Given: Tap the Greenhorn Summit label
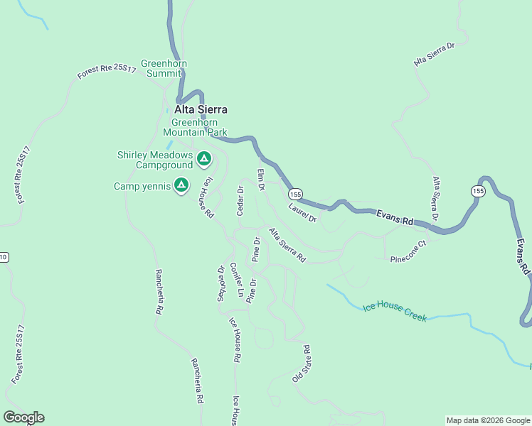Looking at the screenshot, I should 164,68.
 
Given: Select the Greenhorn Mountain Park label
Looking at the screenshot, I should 194,126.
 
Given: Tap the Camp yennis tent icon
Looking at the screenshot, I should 181,185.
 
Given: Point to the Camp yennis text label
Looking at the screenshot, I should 142,186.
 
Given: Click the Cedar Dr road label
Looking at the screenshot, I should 240,201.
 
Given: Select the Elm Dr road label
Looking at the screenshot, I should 260,180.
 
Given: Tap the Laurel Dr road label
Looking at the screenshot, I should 302,213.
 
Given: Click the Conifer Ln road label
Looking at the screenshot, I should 237,280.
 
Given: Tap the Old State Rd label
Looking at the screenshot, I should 302,364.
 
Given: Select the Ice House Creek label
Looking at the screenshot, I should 395,312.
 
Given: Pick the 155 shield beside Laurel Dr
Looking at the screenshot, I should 296,194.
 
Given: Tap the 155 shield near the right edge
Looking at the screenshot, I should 478,190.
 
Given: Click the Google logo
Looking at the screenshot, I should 23,417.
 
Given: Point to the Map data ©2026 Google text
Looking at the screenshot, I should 487,420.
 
